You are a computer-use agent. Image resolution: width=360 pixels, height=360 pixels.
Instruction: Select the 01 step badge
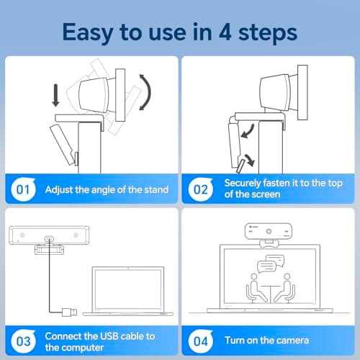[x=21, y=190]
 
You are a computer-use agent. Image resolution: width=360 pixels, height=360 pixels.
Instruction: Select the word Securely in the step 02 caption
[x=246, y=184]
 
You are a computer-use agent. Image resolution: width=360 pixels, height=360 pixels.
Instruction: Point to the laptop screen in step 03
[x=125, y=287]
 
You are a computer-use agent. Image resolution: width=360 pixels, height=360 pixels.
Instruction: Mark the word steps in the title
[x=276, y=33]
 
